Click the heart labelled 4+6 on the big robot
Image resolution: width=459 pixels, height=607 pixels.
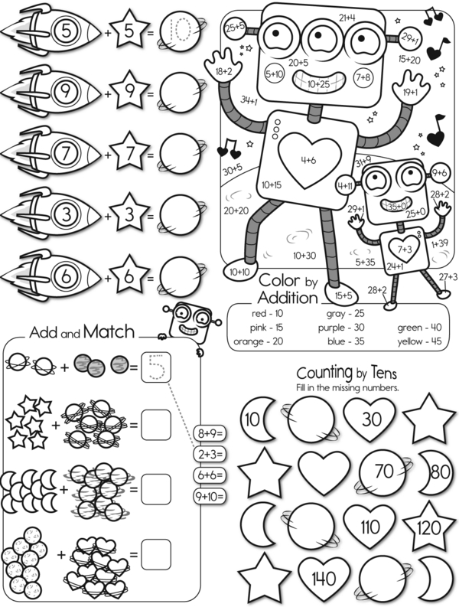click(x=308, y=158)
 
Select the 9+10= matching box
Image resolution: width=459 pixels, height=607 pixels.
click(x=210, y=494)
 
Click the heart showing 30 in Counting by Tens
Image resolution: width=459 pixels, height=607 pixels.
click(x=369, y=419)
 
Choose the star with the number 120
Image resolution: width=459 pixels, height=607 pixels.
click(x=429, y=527)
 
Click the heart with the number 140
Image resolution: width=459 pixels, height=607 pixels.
click(x=324, y=579)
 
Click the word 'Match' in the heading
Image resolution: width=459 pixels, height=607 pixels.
click(x=109, y=331)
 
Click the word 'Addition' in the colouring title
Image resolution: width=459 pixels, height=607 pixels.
click(x=288, y=297)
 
